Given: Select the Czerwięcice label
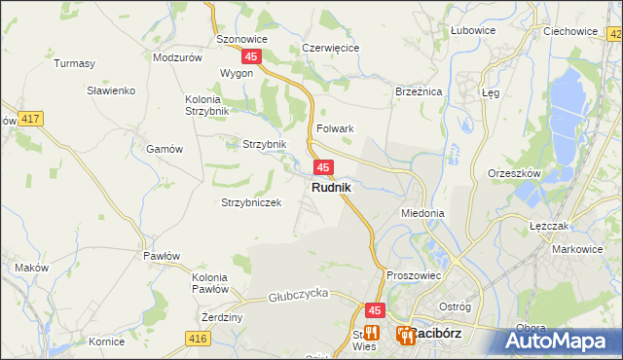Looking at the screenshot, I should (x=331, y=47).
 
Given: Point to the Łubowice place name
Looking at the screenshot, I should (x=473, y=30).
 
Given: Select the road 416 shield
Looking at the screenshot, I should (x=199, y=338).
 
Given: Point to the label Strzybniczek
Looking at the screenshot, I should (x=251, y=202).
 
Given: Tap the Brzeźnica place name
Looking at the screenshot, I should (x=419, y=90).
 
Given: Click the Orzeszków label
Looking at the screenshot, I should (x=513, y=173).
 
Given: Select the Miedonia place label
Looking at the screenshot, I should (x=422, y=212).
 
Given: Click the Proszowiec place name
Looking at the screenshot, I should (x=414, y=275).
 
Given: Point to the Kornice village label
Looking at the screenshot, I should (x=105, y=342).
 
